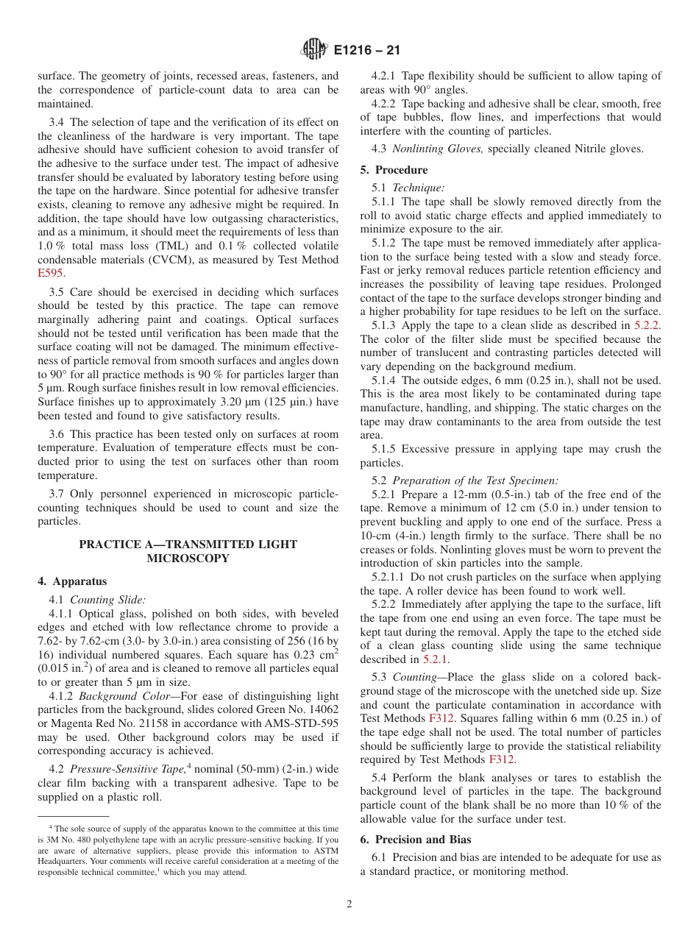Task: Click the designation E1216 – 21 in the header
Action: pyautogui.click(x=366, y=51)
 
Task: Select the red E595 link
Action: pyautogui.click(x=51, y=273)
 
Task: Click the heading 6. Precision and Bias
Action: pyautogui.click(x=416, y=840)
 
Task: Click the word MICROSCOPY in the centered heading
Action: pyautogui.click(x=188, y=559)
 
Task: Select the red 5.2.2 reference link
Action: pyautogui.click(x=647, y=325)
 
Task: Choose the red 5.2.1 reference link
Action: pyautogui.click(x=434, y=659)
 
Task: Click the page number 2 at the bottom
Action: pyautogui.click(x=349, y=904)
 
